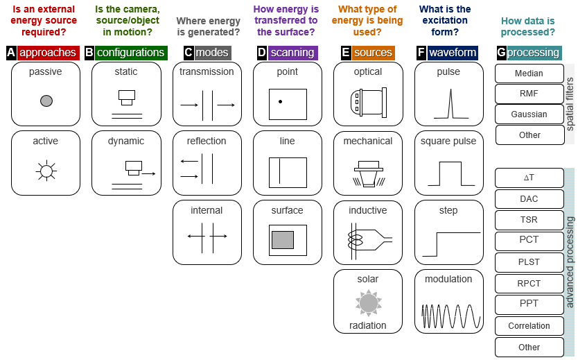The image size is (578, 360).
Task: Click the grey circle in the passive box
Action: tap(46, 101)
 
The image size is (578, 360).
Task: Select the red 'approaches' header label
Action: tap(47, 53)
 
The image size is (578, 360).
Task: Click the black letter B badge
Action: tap(89, 53)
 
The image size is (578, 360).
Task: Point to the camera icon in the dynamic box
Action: tap(133, 166)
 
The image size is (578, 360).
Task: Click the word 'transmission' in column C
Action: tap(207, 72)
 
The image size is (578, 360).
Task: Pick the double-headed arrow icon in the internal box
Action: tap(207, 237)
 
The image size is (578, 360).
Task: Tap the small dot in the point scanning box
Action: tap(280, 101)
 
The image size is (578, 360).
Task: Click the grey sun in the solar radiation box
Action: tap(368, 302)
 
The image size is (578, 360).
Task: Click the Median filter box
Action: tap(529, 73)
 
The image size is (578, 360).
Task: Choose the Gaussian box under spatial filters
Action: tap(529, 114)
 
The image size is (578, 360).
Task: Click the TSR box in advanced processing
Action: tap(529, 220)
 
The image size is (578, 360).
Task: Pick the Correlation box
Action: tap(529, 326)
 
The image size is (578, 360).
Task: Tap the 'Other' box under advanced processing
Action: tap(529, 347)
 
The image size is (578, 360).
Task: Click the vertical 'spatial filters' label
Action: tap(570, 104)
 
